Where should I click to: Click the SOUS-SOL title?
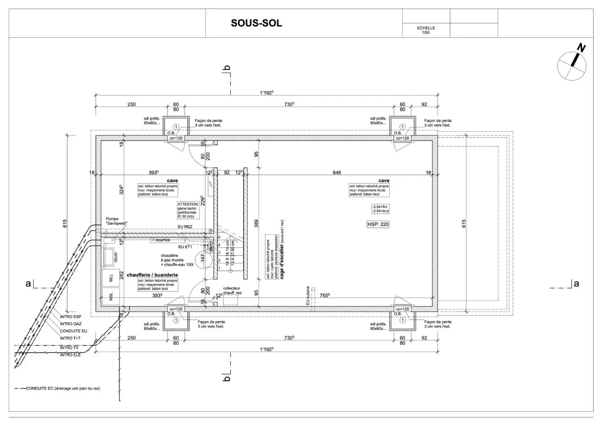(x=256, y=23)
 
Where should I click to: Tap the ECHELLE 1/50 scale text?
(x=426, y=30)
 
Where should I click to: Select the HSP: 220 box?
(x=378, y=224)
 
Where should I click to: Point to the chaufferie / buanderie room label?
(x=152, y=275)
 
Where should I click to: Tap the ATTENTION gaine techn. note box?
(x=188, y=210)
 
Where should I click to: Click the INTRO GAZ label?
(x=71, y=324)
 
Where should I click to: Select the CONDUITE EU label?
(x=74, y=331)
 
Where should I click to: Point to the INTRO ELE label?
(x=70, y=355)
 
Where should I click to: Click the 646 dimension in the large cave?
(x=337, y=173)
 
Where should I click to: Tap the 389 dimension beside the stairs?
(x=256, y=224)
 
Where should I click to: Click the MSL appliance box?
(x=111, y=297)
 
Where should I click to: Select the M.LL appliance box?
(x=111, y=278)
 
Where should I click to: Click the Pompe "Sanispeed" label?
(x=116, y=221)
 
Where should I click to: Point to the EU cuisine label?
(x=308, y=295)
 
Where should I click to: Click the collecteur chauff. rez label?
(x=232, y=291)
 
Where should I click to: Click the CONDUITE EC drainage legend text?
(x=63, y=388)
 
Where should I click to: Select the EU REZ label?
(x=185, y=227)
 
